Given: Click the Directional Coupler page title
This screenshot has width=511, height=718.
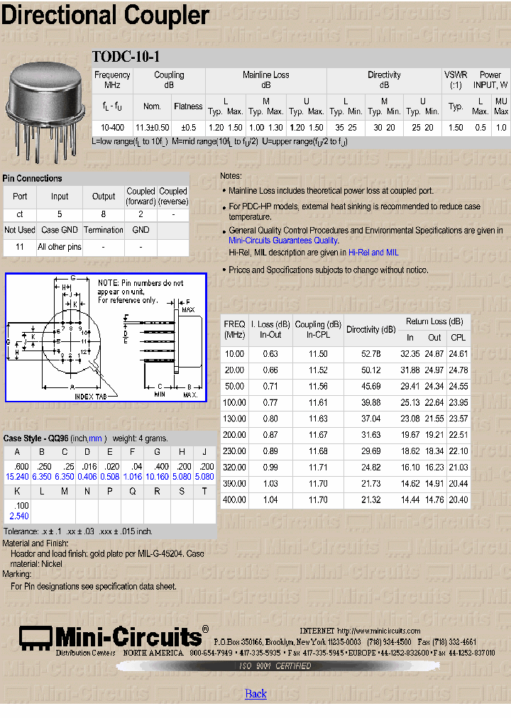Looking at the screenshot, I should click(x=105, y=16).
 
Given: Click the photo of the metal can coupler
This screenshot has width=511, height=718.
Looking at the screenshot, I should click(x=44, y=110).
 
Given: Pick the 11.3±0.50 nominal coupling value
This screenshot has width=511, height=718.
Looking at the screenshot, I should click(x=153, y=128).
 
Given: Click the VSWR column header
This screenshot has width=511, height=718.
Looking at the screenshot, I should click(x=456, y=79).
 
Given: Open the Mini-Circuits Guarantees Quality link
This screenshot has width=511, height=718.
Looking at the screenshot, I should click(x=283, y=241).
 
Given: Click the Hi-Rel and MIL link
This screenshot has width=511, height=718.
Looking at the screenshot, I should click(x=373, y=252).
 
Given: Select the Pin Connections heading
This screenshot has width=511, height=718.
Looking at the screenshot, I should click(x=33, y=179).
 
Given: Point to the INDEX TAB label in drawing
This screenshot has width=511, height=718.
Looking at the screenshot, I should click(x=92, y=397).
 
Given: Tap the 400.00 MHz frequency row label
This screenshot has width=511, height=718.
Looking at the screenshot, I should click(x=234, y=500).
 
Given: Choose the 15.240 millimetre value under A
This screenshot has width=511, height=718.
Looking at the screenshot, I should click(x=17, y=477).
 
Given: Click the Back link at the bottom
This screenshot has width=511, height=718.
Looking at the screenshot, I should click(x=255, y=693).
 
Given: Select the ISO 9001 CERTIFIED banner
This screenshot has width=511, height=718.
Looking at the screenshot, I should click(x=273, y=666).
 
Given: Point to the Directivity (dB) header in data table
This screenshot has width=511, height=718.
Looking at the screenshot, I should click(x=370, y=329).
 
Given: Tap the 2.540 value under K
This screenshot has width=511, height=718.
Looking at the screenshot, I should click(x=18, y=516).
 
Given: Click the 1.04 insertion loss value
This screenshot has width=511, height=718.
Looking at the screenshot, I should click(x=270, y=500).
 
